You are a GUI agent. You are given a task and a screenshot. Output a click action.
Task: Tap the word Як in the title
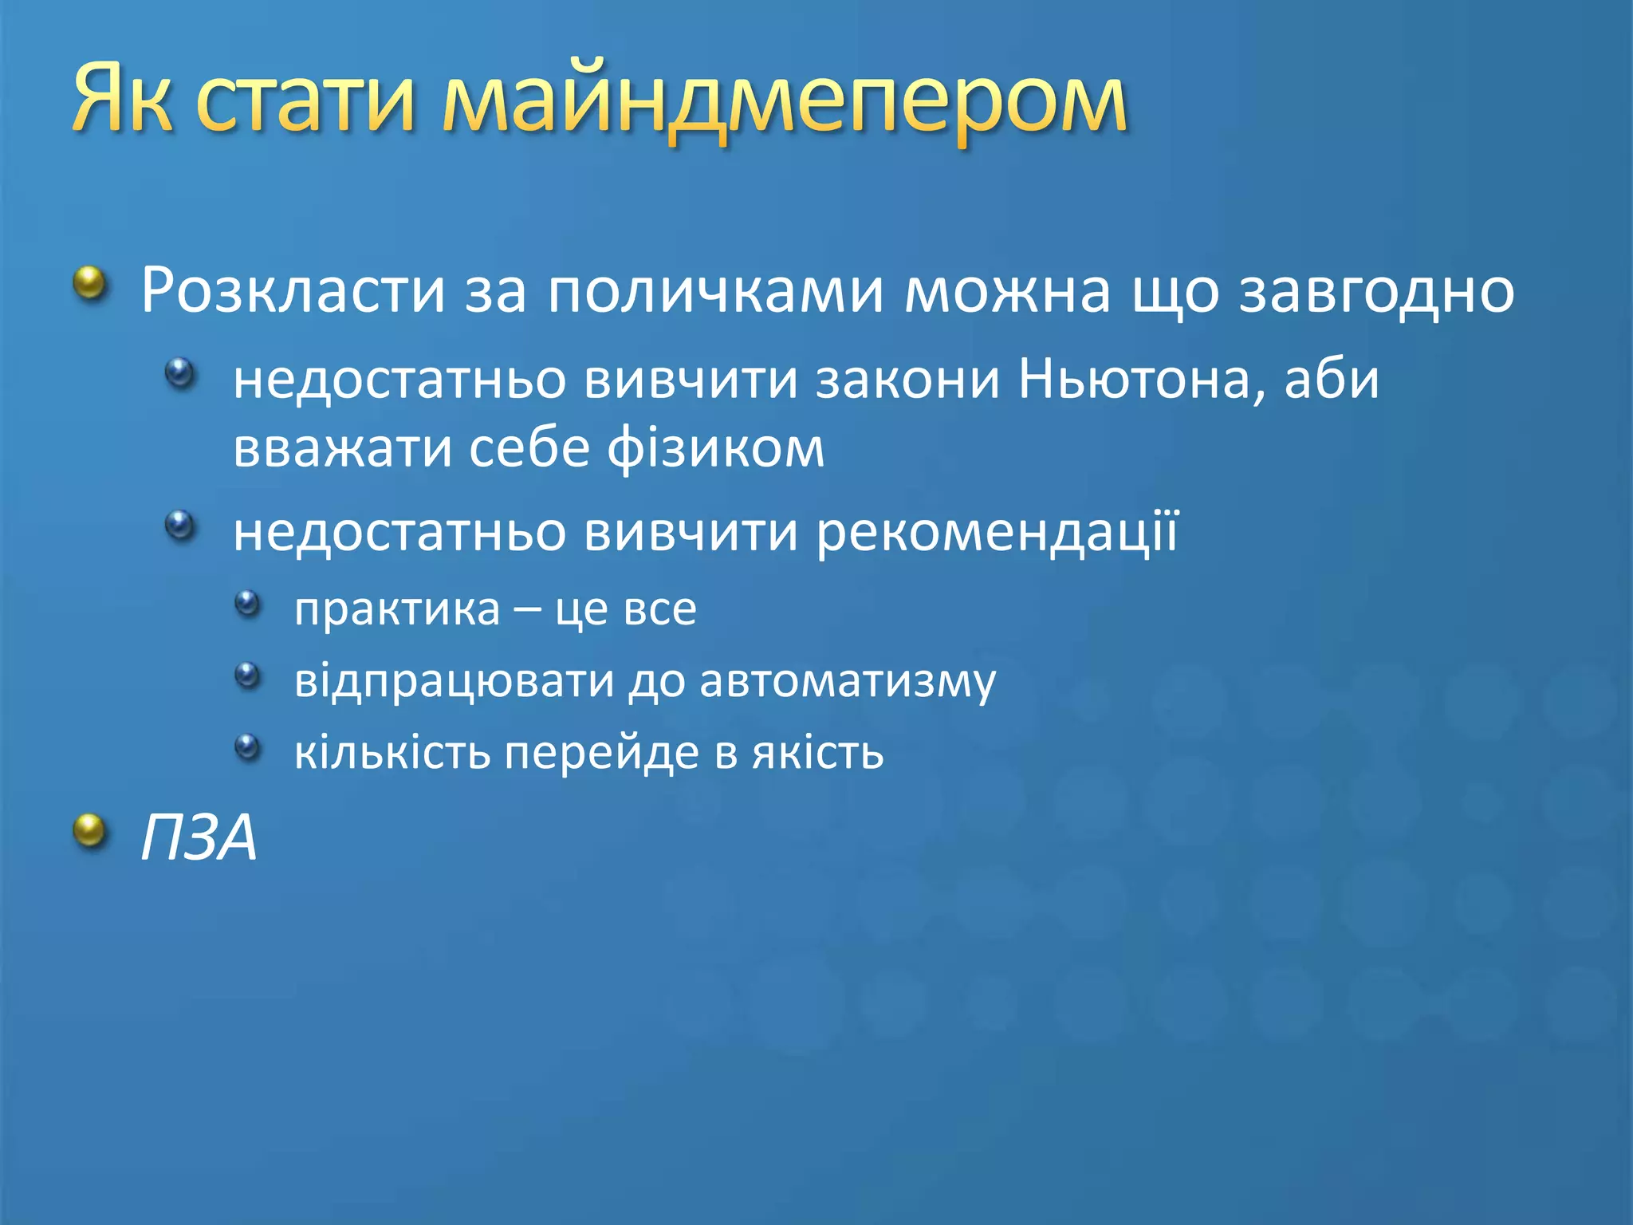122,100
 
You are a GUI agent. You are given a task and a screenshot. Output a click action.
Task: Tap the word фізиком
715,449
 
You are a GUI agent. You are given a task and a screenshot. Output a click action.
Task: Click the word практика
397,609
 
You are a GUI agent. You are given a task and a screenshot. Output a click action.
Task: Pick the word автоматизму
848,681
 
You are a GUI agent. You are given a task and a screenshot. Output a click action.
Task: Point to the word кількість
392,752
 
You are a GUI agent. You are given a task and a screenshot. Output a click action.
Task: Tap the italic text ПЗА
199,837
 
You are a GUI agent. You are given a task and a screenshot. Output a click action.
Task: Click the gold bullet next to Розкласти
90,283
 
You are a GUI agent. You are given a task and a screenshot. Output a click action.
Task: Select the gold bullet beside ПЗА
90,831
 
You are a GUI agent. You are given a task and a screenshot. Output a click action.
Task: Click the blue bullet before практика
248,603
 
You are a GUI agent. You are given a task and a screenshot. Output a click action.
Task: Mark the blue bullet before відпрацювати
248,676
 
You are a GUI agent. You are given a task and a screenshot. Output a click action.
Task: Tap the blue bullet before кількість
248,747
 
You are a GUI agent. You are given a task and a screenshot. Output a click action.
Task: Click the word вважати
341,449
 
